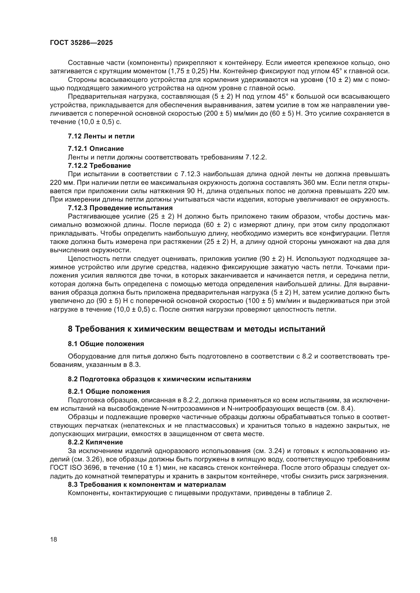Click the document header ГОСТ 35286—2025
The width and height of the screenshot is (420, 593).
point(81,43)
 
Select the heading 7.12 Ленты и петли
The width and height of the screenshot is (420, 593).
point(101,136)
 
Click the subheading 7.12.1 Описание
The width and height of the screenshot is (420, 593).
point(96,149)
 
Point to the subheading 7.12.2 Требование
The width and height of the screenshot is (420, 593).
point(99,165)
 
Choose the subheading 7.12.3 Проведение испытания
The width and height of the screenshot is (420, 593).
point(120,208)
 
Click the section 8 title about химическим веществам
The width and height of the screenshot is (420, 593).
point(197,329)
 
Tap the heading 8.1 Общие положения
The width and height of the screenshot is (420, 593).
point(106,344)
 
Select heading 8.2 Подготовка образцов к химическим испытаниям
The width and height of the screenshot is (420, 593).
point(159,379)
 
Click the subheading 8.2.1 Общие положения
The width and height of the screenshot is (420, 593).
point(109,391)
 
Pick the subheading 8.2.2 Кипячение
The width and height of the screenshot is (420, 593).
point(95,442)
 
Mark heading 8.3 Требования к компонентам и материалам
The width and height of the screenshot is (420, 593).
point(147,484)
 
